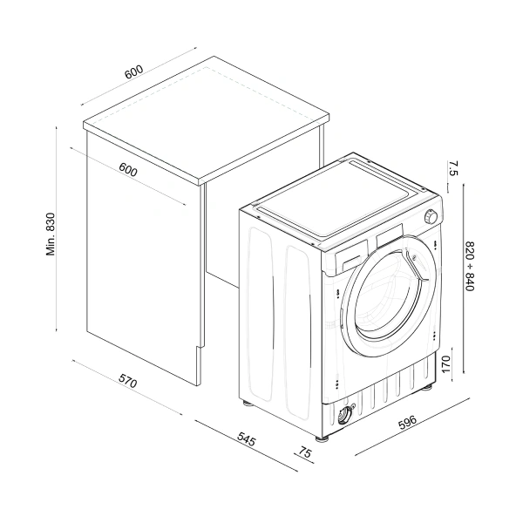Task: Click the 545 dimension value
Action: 246,442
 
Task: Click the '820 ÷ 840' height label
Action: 469,266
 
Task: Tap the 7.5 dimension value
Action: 452,169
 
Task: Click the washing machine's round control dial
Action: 430,216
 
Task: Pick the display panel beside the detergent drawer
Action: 392,235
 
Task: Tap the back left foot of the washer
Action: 248,402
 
